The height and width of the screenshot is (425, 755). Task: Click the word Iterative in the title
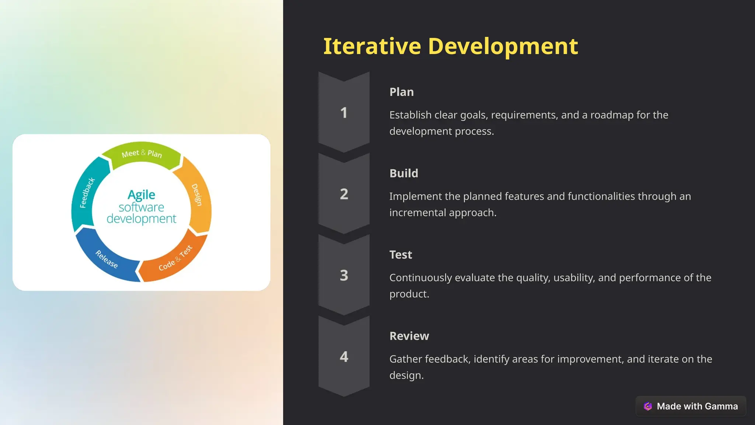pos(372,46)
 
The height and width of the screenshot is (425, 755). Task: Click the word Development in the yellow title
pos(503,46)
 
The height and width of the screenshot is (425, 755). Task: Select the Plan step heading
pos(401,92)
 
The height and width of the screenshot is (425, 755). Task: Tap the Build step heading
pos(404,173)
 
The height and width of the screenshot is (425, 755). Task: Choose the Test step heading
pos(400,255)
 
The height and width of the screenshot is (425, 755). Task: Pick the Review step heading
pos(409,336)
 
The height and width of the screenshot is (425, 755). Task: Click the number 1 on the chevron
pos(344,113)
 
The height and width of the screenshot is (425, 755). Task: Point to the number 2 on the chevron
pos(344,194)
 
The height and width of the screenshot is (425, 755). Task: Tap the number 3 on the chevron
pos(344,276)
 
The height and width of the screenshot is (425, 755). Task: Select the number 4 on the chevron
pos(344,357)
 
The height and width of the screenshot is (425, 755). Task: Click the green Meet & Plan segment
pos(142,154)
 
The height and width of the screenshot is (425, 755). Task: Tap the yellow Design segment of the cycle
pos(198,196)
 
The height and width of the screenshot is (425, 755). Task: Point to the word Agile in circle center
pos(141,194)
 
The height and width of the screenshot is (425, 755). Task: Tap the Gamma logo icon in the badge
pos(648,406)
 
